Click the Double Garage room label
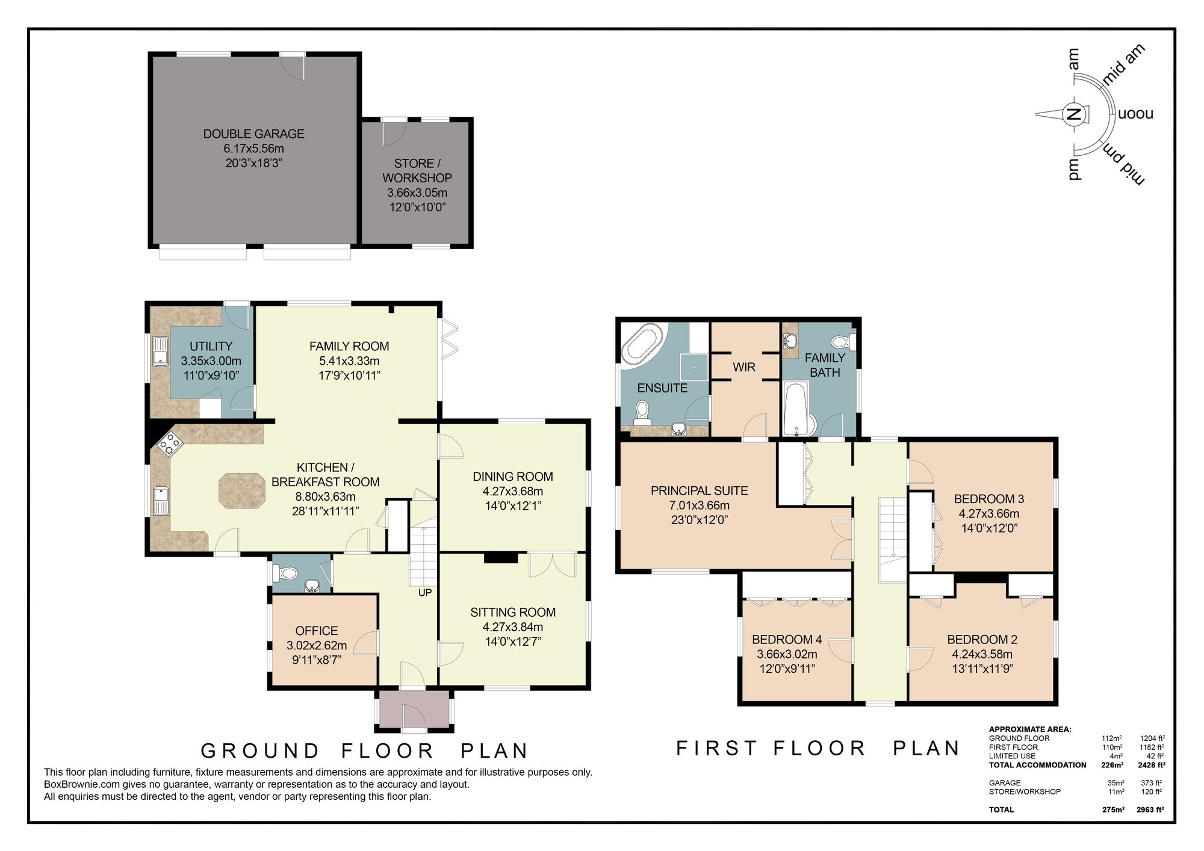click(253, 134)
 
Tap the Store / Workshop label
click(417, 171)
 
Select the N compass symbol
click(1073, 114)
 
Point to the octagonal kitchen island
click(242, 490)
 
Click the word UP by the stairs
click(425, 593)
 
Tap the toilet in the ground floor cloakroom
click(285, 573)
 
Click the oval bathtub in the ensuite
click(642, 343)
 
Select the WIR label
click(744, 367)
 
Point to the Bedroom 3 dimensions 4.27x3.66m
click(988, 514)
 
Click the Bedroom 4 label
click(786, 640)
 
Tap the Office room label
click(317, 631)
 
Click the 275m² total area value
click(1113, 809)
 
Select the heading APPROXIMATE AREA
click(1030, 729)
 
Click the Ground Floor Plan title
click(365, 751)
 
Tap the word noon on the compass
click(1135, 114)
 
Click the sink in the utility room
click(160, 351)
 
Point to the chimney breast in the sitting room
click(501, 558)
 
